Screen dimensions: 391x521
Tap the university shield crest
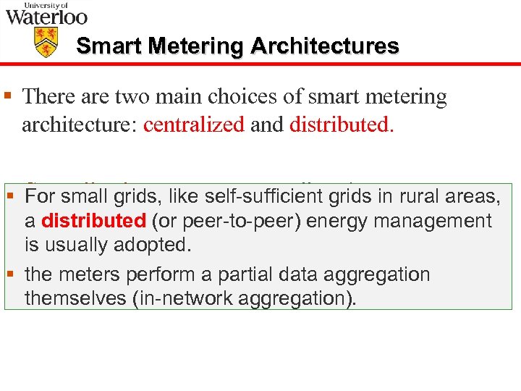click(46, 43)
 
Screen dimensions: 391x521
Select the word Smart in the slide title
click(107, 46)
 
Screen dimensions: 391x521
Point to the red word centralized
click(194, 125)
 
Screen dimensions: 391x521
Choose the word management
click(434, 220)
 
